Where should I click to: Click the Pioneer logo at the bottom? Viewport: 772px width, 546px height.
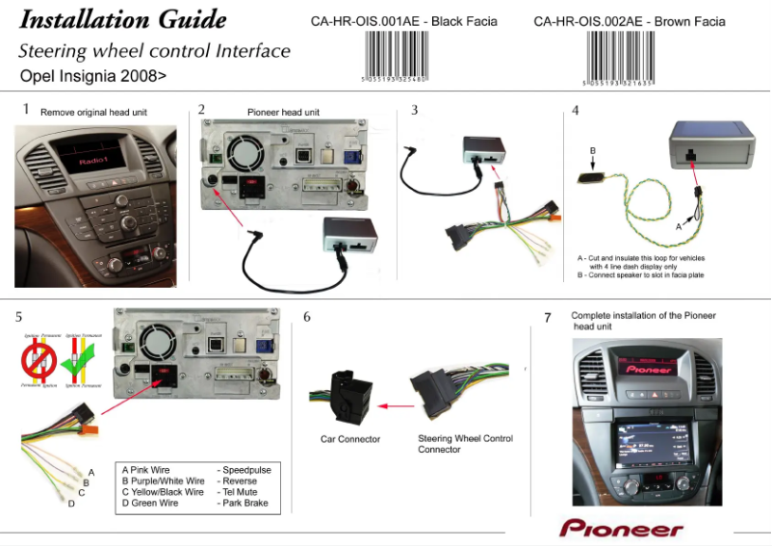pyautogui.click(x=621, y=529)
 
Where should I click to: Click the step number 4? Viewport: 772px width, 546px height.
pyautogui.click(x=575, y=110)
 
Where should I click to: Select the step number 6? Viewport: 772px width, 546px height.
pyautogui.click(x=307, y=316)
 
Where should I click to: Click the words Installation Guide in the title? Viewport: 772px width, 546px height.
pyautogui.click(x=123, y=19)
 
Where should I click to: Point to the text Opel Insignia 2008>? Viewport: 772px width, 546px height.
pyautogui.click(x=92, y=74)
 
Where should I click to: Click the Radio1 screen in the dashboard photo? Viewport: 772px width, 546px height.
pyautogui.click(x=95, y=157)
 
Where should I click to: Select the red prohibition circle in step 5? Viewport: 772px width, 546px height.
pyautogui.click(x=39, y=361)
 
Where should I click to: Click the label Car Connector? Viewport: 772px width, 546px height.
pyautogui.click(x=350, y=439)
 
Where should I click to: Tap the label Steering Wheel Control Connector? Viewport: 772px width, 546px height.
pyautogui.click(x=465, y=444)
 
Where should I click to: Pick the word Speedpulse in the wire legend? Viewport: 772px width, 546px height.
pyautogui.click(x=244, y=469)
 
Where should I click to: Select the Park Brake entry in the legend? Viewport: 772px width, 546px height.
pyautogui.click(x=244, y=503)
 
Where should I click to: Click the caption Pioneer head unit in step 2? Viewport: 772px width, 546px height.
pyautogui.click(x=283, y=113)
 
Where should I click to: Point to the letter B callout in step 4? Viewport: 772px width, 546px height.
pyautogui.click(x=593, y=150)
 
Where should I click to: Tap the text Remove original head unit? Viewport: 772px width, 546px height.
pyautogui.click(x=93, y=113)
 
